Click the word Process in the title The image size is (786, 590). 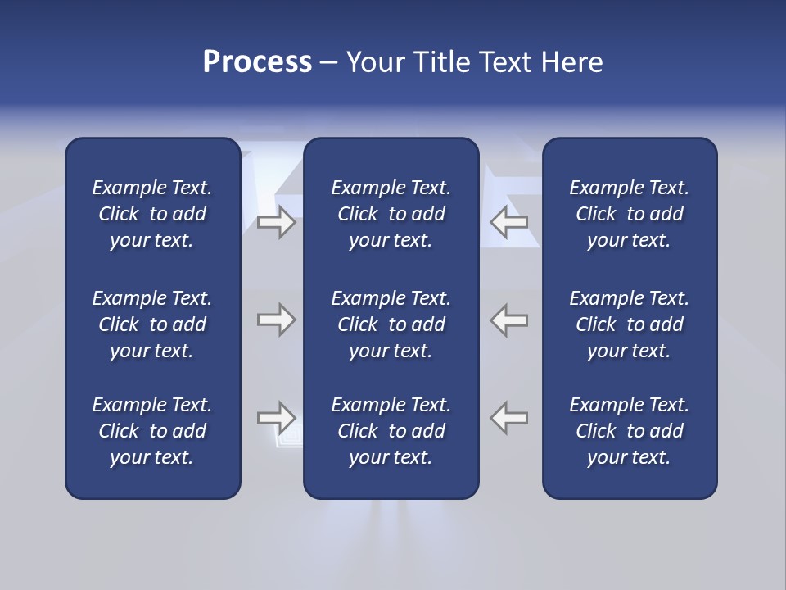pos(257,62)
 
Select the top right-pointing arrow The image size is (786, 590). pos(277,222)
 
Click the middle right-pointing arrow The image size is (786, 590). pos(277,320)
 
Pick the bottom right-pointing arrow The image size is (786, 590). pos(277,418)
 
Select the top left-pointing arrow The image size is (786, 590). pos(508,222)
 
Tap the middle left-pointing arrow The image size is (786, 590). pos(508,320)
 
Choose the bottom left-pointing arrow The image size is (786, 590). pos(508,418)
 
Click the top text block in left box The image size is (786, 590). pos(152,214)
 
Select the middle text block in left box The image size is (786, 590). pos(152,324)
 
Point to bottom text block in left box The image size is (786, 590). pos(152,431)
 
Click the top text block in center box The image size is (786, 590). pos(391,214)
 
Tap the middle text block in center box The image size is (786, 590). pos(391,324)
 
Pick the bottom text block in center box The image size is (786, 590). pos(391,431)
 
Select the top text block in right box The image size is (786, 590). pos(629,214)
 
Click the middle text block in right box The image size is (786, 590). pos(629,324)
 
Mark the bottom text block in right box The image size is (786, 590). pos(629,431)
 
